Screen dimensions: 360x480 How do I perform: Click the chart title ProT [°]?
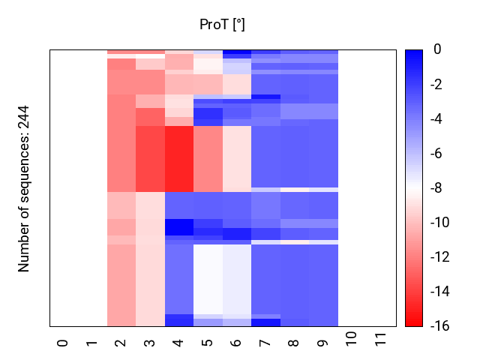(x=222, y=25)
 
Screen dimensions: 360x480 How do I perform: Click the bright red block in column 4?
(x=178, y=158)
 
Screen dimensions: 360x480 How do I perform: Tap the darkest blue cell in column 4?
(x=178, y=226)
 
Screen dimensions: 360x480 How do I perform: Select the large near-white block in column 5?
(x=208, y=278)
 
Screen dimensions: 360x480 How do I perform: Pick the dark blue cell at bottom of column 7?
(x=265, y=322)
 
